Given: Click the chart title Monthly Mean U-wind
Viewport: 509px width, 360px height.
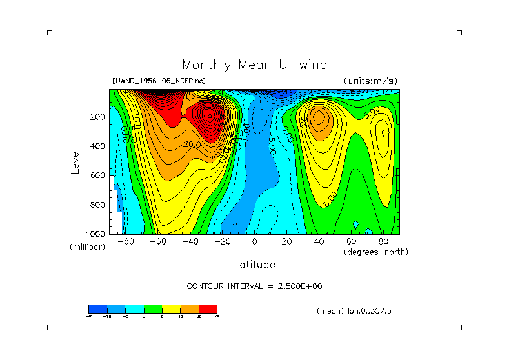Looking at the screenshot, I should click(x=254, y=65).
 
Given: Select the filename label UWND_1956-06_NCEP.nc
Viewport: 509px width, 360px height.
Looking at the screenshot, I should click(x=159, y=81).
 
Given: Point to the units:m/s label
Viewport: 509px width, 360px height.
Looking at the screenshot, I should click(x=370, y=81).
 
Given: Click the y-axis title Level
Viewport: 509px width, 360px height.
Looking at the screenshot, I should click(x=75, y=161).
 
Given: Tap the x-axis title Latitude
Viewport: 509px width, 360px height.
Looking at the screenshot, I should click(x=254, y=265).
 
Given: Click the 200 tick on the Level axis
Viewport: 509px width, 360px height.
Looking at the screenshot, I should click(x=97, y=117).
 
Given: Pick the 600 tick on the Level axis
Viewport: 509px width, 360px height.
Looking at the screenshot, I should click(x=97, y=175).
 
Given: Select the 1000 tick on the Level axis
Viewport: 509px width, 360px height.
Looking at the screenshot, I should click(x=95, y=234).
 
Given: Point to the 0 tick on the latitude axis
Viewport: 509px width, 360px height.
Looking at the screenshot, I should click(x=254, y=242).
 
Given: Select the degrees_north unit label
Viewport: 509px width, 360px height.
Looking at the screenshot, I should click(x=376, y=252).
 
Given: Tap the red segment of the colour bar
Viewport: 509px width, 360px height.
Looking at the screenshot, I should click(x=208, y=308).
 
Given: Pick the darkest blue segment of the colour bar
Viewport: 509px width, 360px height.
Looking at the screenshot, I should click(x=97, y=308).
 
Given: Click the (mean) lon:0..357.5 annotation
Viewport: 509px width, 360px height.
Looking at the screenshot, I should click(x=354, y=311).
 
